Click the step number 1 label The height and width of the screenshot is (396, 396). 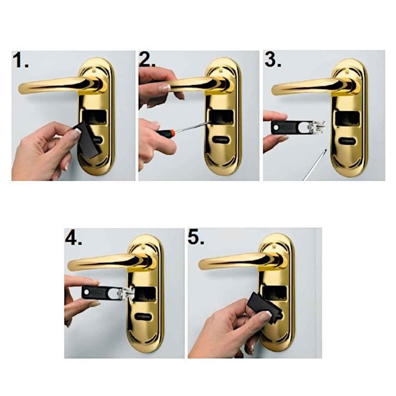coord(20,61)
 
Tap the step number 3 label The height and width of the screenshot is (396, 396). coord(273,60)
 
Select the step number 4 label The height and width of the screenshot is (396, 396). coord(74,238)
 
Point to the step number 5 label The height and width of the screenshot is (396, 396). coord(196,238)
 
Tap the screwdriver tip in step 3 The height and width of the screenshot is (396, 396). coord(325,151)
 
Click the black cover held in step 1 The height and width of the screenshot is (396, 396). coord(89,140)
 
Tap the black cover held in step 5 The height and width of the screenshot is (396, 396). coord(263,306)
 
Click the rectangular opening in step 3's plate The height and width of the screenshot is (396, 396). coord(347,120)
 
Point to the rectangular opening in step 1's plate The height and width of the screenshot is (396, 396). coord(95,117)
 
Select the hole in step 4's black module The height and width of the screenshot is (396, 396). coord(87,293)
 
